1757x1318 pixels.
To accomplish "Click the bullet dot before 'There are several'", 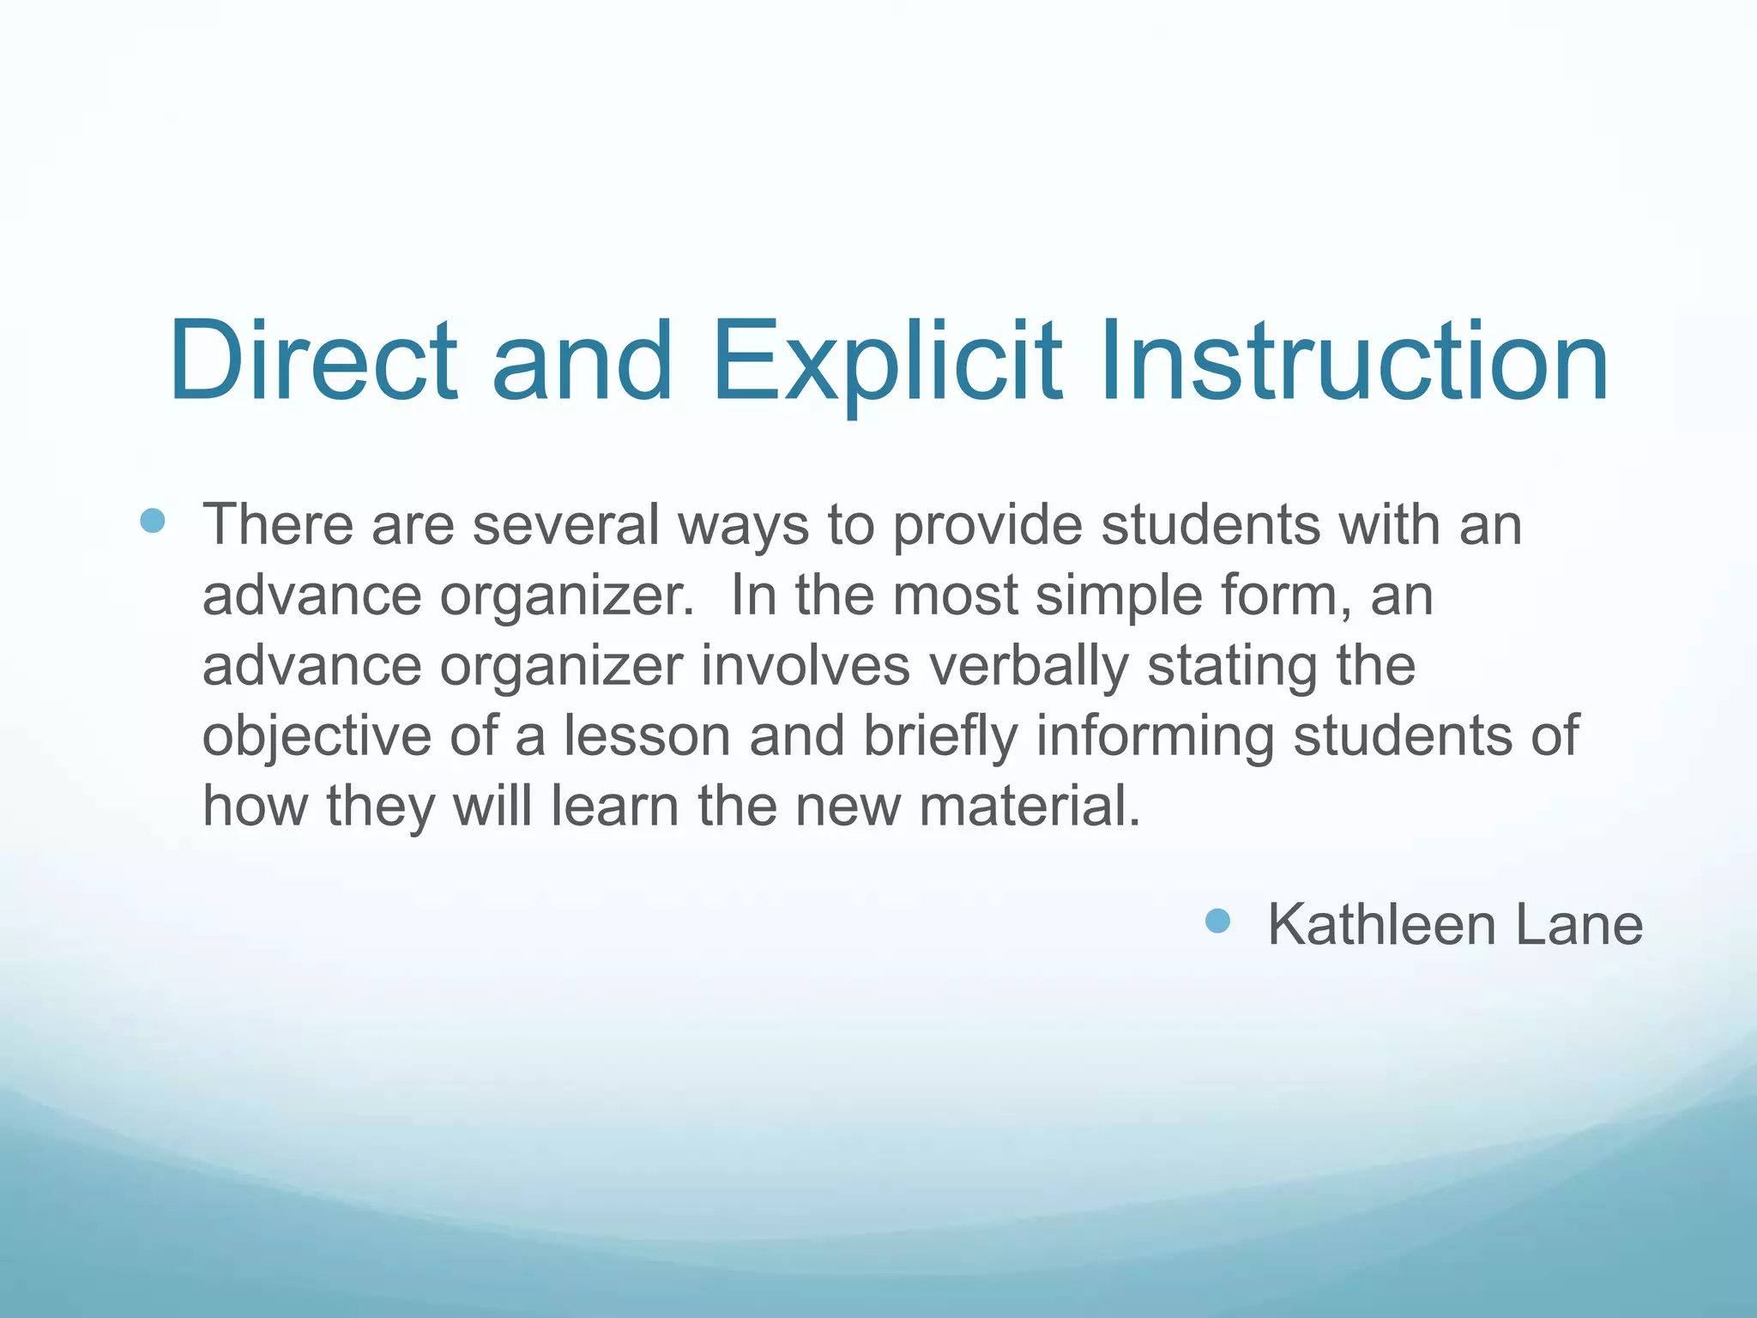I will point(153,520).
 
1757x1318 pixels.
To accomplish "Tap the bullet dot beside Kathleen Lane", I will point(1217,922).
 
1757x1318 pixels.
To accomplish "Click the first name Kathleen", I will point(1382,925).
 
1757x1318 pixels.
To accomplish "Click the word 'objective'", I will point(316,736).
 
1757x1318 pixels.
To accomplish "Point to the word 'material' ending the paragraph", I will point(1029,807).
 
